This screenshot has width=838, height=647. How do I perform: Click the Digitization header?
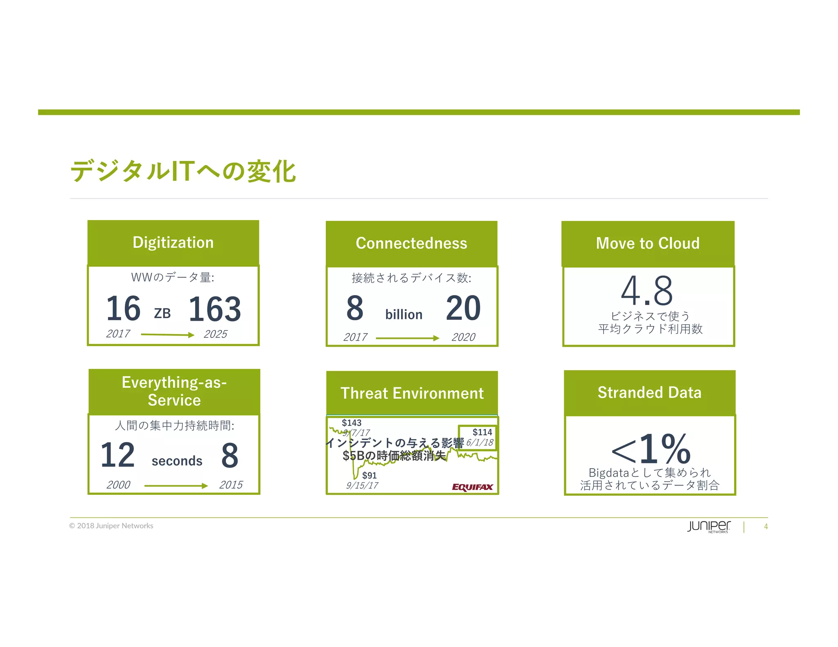(x=173, y=243)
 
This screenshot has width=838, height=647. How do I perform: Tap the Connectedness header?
(x=411, y=243)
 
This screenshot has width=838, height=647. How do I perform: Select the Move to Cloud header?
(x=648, y=243)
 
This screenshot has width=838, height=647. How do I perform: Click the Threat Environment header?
(x=412, y=393)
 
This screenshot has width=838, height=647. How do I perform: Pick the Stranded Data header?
(x=649, y=393)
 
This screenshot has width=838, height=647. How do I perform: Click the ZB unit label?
(x=162, y=313)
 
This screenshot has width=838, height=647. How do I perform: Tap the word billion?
(x=403, y=315)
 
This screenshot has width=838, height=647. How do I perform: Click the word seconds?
(x=177, y=461)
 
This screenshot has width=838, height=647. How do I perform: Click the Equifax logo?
(x=472, y=487)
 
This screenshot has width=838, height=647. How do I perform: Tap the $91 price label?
(x=369, y=475)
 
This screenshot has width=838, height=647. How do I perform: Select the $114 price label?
(x=482, y=432)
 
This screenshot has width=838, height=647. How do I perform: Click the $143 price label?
(x=351, y=422)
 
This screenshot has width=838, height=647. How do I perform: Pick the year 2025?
(x=215, y=334)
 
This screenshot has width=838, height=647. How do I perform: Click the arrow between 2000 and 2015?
(x=176, y=486)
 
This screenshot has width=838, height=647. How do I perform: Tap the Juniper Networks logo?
(x=709, y=526)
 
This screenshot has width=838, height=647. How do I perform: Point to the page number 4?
(x=766, y=527)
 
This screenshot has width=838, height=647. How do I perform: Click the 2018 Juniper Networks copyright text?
(x=111, y=526)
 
